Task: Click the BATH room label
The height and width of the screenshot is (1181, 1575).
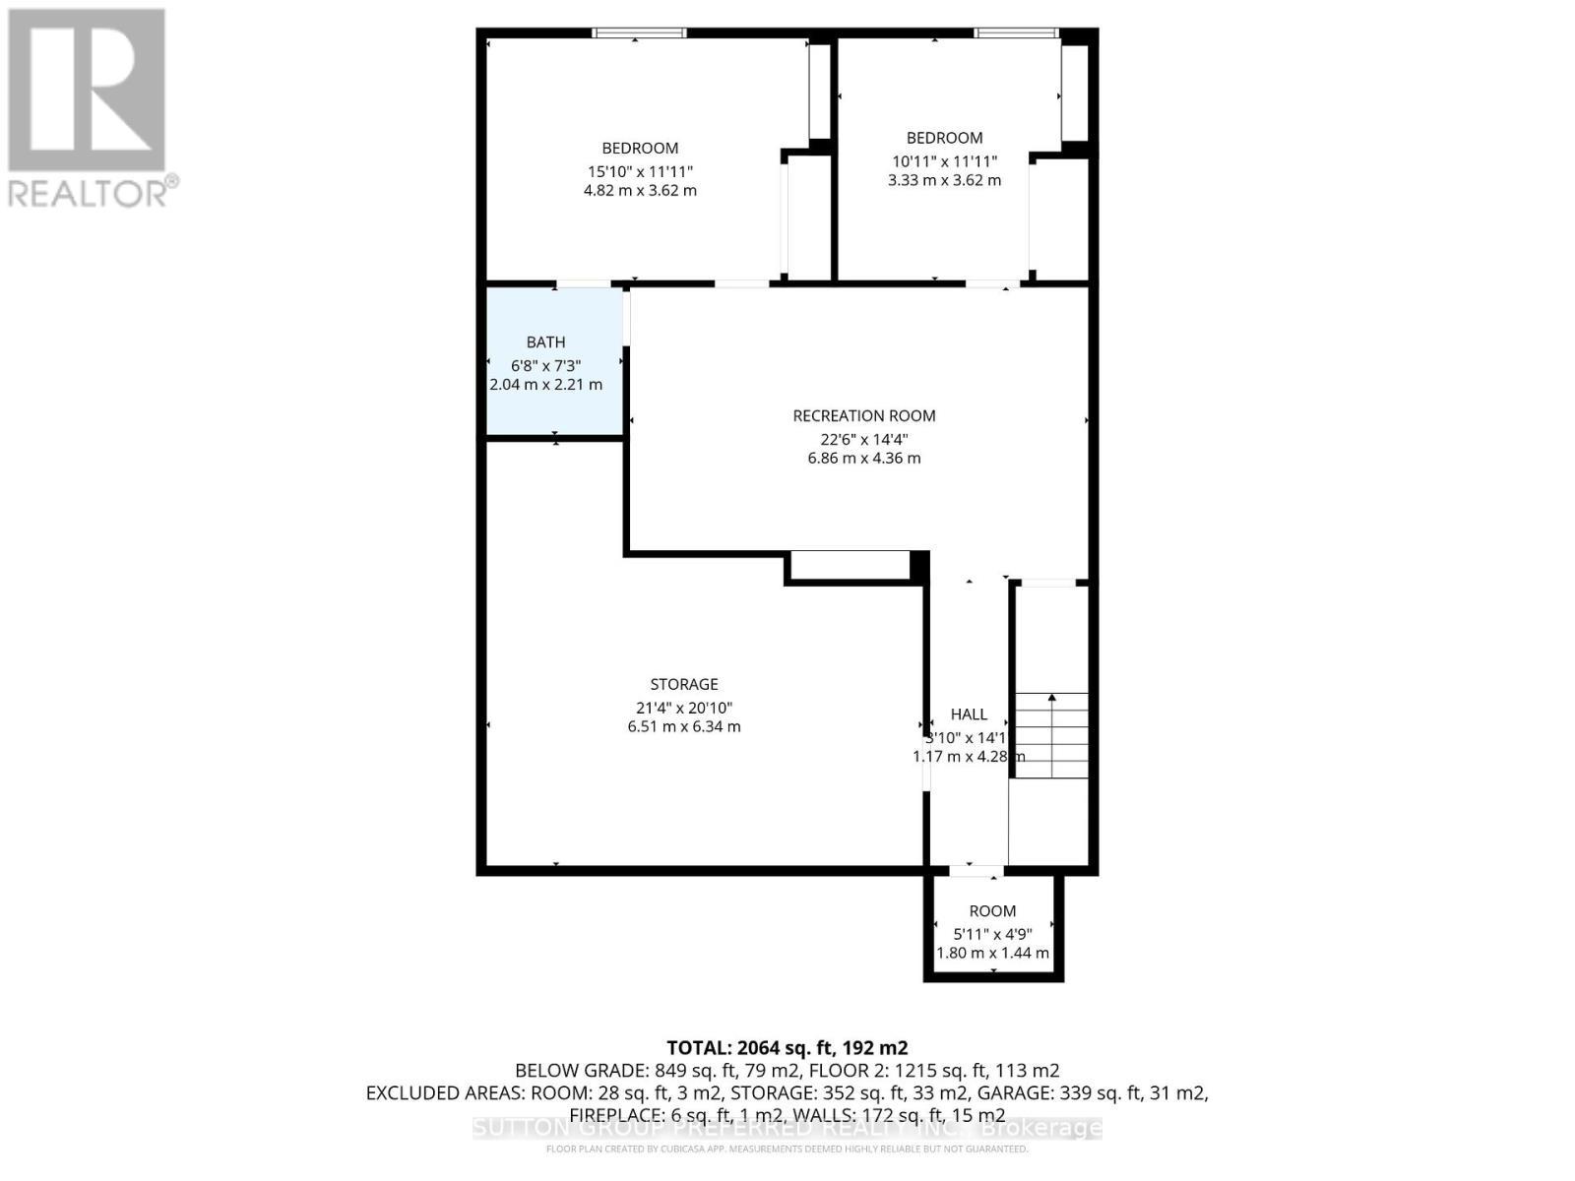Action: (545, 342)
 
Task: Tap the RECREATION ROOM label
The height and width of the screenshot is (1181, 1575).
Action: (864, 416)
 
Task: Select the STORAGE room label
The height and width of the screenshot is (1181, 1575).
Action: (684, 684)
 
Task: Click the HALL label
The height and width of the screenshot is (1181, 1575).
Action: (969, 715)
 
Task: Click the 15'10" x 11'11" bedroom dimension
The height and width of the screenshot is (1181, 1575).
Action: (640, 171)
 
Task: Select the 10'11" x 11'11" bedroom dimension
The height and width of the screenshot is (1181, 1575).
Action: (944, 161)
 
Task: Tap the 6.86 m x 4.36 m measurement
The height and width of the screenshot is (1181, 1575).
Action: (864, 459)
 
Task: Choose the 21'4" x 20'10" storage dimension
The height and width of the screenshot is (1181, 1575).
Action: (684, 708)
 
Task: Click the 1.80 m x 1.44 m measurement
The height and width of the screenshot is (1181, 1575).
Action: (992, 954)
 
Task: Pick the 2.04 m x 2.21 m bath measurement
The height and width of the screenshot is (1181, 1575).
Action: (545, 385)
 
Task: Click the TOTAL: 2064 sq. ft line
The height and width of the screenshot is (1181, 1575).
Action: (787, 1048)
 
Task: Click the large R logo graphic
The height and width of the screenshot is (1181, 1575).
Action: (87, 91)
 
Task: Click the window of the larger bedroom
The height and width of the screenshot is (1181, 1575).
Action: (639, 33)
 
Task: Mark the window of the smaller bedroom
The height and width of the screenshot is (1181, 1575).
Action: (1016, 33)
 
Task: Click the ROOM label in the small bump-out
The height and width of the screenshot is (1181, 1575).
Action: (992, 911)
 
